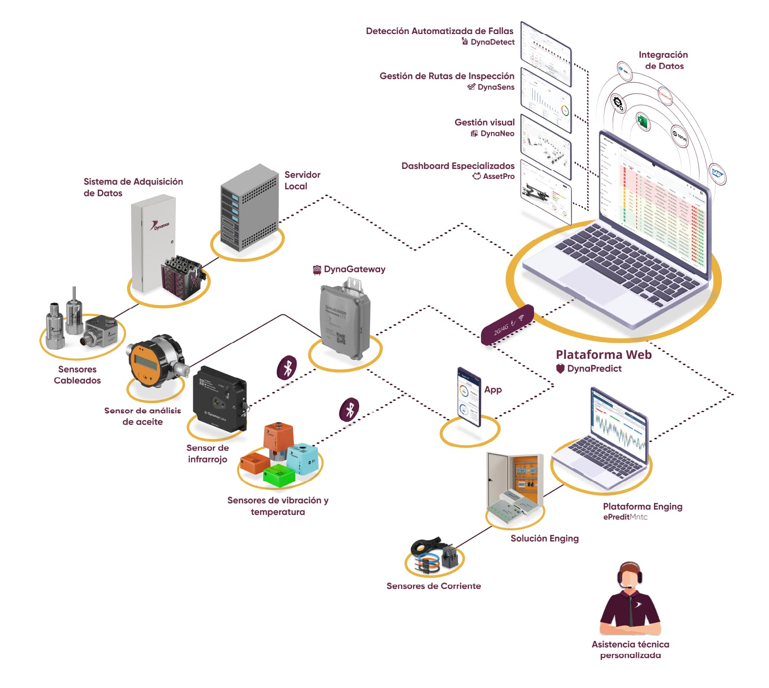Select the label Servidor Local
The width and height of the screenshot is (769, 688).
click(302, 180)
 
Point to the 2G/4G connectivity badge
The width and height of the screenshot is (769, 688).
click(507, 325)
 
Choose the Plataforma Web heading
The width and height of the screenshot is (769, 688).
click(603, 355)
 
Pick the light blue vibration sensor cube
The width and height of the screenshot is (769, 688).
click(303, 459)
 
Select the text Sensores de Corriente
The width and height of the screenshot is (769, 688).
click(433, 586)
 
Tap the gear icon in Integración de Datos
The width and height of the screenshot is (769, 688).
click(618, 102)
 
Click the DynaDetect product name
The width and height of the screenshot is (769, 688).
click(492, 42)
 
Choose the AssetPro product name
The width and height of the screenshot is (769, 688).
click(499, 176)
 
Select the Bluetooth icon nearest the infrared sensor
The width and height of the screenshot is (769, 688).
click(287, 368)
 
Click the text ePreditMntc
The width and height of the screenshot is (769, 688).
click(625, 517)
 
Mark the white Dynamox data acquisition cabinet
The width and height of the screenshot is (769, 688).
click(152, 243)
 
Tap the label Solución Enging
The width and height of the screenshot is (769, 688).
click(544, 538)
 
